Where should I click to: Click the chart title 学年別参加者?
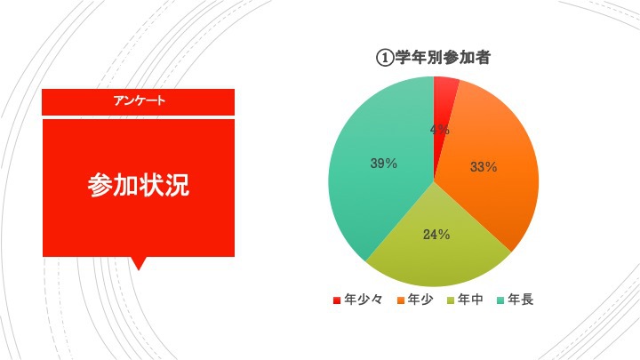(x=443, y=58)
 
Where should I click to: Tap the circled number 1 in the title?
(x=385, y=58)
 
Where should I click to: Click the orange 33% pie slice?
(x=490, y=172)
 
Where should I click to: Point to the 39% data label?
(x=384, y=164)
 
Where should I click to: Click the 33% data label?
(x=484, y=166)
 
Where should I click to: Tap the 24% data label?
(x=436, y=235)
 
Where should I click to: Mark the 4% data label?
(x=440, y=130)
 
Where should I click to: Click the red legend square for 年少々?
(x=337, y=300)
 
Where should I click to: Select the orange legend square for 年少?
(x=401, y=300)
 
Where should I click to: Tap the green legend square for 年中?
(x=451, y=300)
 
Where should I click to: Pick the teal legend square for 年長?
(x=500, y=300)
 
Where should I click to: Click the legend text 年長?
(x=520, y=300)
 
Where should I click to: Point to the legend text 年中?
(x=470, y=300)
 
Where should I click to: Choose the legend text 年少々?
(x=364, y=300)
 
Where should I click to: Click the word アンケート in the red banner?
(x=140, y=100)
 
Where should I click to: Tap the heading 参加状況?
(x=139, y=185)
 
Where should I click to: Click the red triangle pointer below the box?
(x=139, y=263)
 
